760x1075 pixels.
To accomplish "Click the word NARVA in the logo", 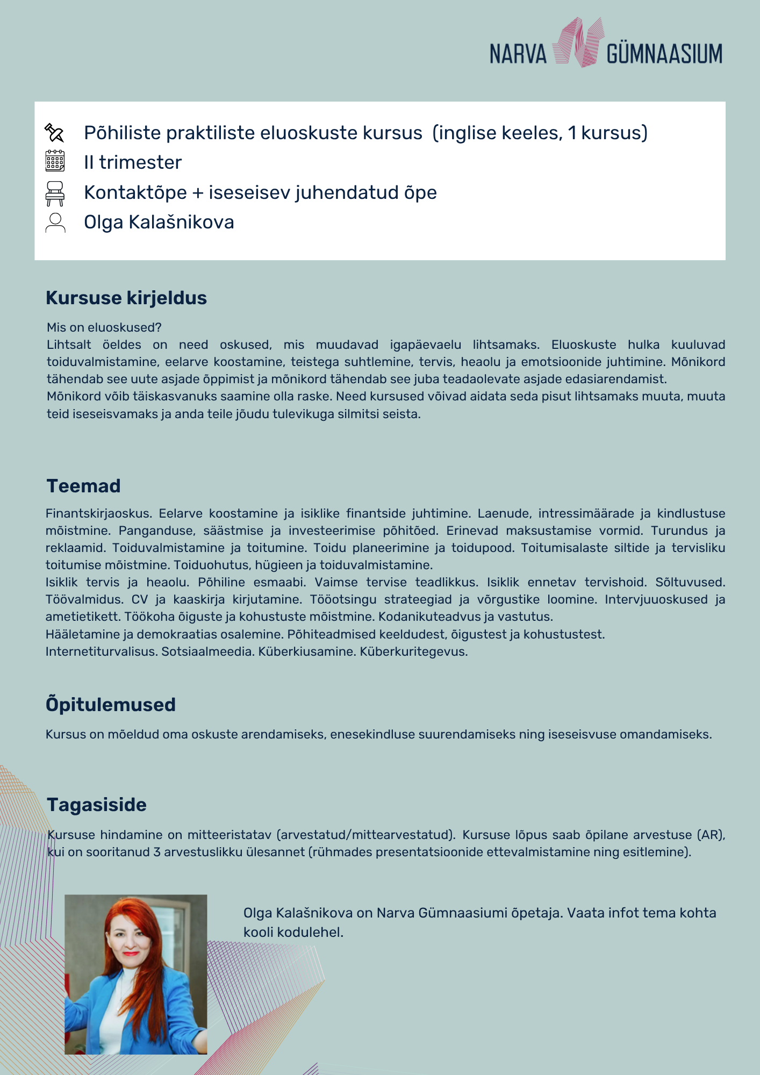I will coord(518,54).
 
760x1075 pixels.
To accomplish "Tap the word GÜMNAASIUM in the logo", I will coord(664,54).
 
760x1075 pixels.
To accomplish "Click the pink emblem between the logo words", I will coord(578,42).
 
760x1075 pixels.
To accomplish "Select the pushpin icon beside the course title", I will coord(54,132).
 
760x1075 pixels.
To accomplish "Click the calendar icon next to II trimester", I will coord(55,161).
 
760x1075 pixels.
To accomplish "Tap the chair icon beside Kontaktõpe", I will coord(55,193).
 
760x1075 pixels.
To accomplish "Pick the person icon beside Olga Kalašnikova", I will coord(55,223).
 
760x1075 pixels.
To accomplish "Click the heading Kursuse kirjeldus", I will coord(126,298).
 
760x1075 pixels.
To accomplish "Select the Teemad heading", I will coord(83,486).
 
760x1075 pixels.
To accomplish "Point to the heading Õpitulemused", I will coord(111,705).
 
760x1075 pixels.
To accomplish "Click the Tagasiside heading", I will coord(97,805).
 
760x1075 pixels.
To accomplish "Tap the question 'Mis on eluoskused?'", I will coord(104,327).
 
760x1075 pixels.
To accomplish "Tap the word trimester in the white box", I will coord(140,162).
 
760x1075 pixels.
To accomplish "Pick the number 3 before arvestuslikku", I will coord(156,852).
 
